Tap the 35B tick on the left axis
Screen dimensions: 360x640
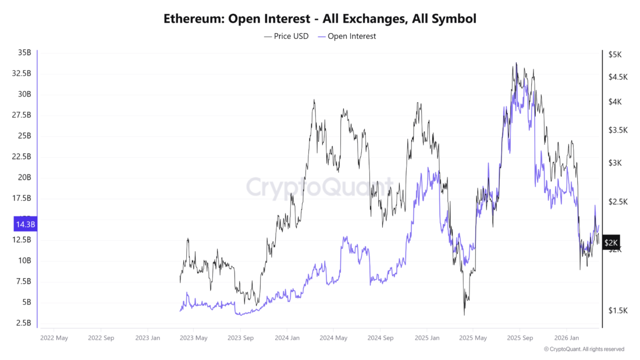point(24,53)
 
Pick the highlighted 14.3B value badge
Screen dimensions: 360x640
point(24,224)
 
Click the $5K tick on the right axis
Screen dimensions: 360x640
point(615,55)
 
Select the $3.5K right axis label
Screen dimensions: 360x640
point(618,130)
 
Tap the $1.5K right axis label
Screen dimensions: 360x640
point(618,311)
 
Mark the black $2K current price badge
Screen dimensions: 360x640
point(611,243)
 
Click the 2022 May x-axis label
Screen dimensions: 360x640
point(54,337)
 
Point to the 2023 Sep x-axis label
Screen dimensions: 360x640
point(240,337)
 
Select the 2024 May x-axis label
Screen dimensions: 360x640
point(333,337)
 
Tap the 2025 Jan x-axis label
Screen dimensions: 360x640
point(426,337)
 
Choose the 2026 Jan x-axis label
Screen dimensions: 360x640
point(566,337)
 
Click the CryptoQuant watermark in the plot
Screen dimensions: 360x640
point(319,187)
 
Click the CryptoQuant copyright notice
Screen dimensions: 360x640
point(584,349)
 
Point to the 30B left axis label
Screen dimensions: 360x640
point(24,94)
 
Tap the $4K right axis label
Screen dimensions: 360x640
point(615,102)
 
